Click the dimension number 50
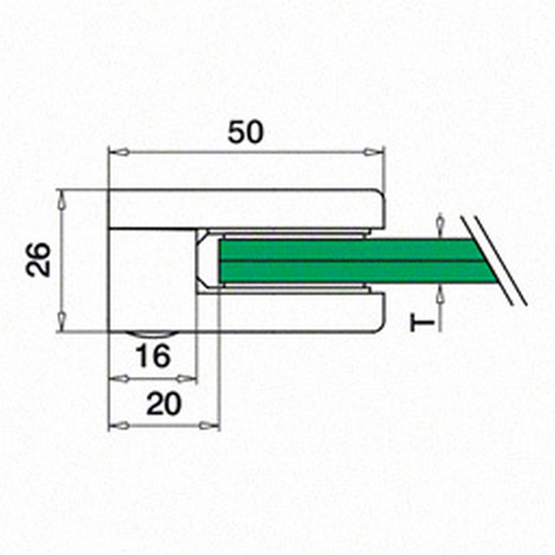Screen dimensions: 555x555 point(246,133)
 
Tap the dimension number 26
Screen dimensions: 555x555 point(38,259)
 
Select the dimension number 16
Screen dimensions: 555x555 point(153,356)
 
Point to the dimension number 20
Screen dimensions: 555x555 point(164,404)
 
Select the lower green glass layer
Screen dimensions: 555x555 point(354,272)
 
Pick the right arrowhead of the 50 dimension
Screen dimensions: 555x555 point(374,153)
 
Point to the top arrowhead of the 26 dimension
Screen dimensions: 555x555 point(62,200)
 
